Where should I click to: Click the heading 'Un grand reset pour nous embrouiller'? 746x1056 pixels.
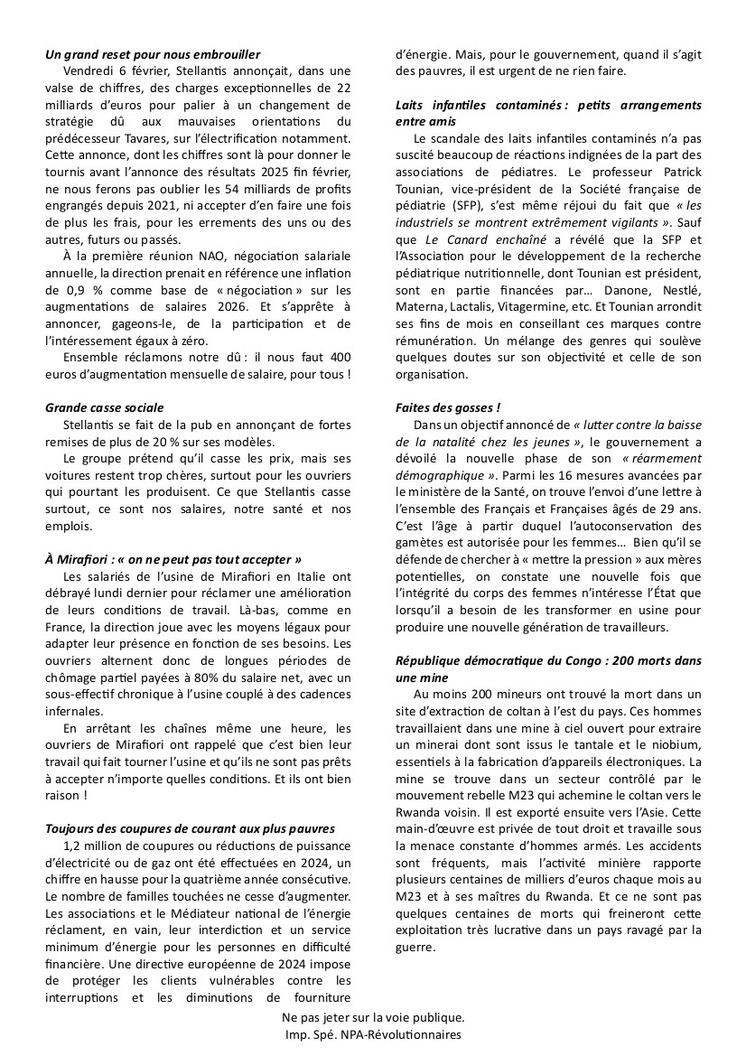click(153, 55)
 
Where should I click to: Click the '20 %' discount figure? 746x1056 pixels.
click(161, 442)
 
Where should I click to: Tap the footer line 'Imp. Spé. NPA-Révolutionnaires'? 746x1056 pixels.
click(372, 1035)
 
